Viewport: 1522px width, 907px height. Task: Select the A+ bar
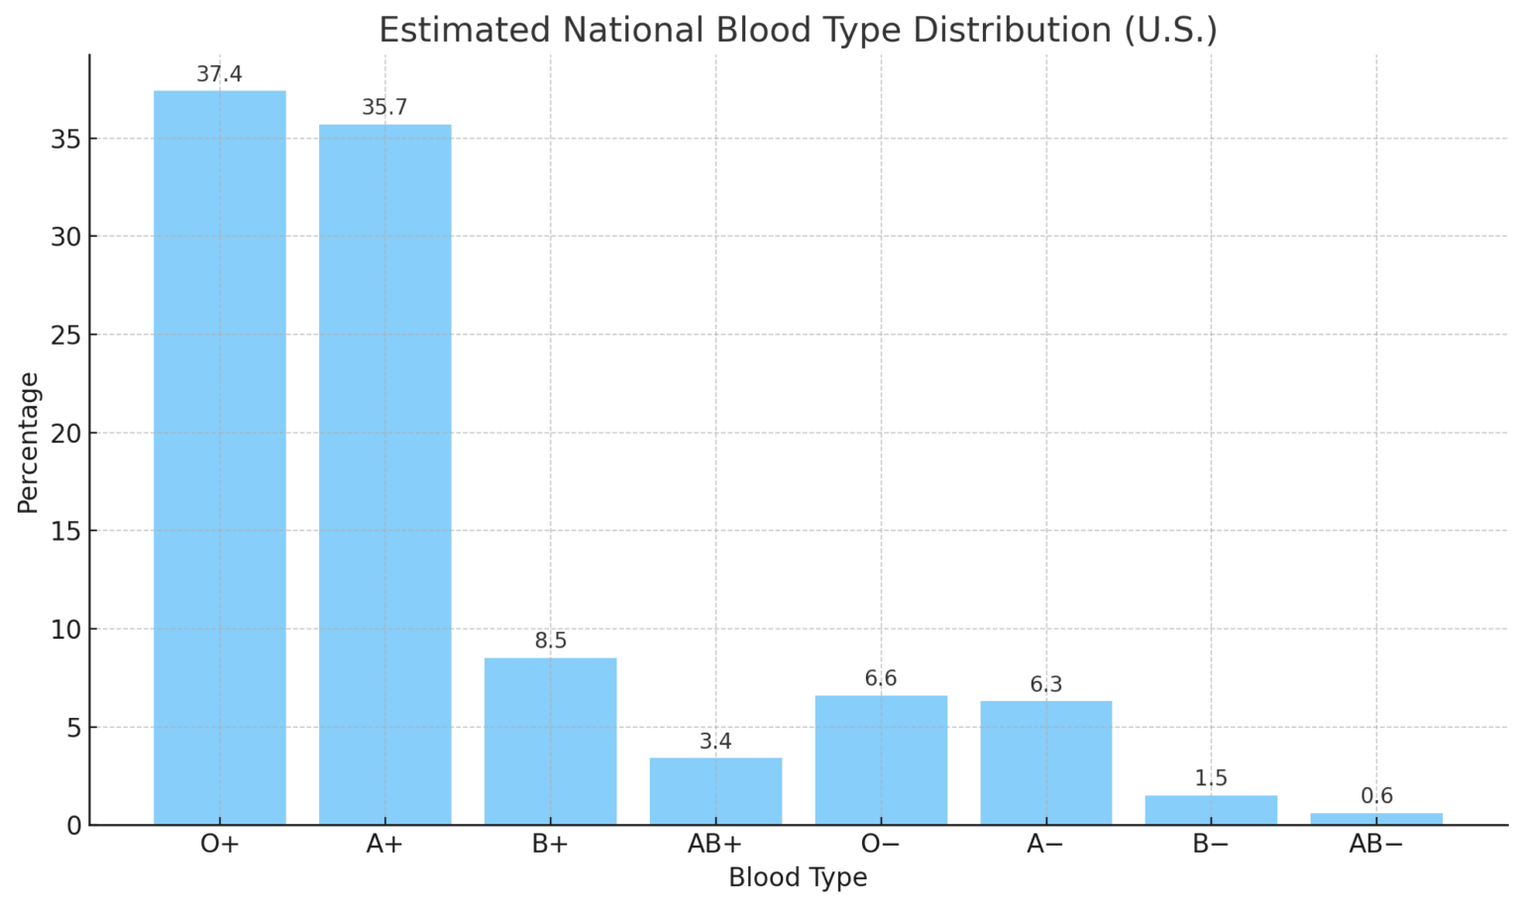pyautogui.click(x=384, y=474)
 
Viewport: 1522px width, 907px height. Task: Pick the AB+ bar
pyautogui.click(x=715, y=791)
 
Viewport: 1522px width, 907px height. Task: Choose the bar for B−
pyautogui.click(x=1211, y=810)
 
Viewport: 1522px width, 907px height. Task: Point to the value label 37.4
pyautogui.click(x=219, y=74)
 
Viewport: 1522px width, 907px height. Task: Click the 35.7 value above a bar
pyautogui.click(x=384, y=107)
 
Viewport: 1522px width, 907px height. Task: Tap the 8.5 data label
pyautogui.click(x=550, y=641)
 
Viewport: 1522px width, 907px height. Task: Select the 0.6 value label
pyautogui.click(x=1376, y=796)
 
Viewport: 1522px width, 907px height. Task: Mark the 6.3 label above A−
pyautogui.click(x=1045, y=684)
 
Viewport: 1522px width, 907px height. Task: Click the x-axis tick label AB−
pyautogui.click(x=1376, y=845)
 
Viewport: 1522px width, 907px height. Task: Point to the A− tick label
pyautogui.click(x=1045, y=845)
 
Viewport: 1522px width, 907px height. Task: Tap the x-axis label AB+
pyautogui.click(x=715, y=845)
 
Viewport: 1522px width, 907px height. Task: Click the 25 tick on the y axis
pyautogui.click(x=65, y=335)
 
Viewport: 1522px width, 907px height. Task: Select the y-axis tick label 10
pyautogui.click(x=65, y=629)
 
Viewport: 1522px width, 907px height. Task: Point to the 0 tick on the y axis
pyautogui.click(x=73, y=825)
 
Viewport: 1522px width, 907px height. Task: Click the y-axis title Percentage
pyautogui.click(x=28, y=442)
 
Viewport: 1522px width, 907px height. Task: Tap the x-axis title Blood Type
pyautogui.click(x=798, y=877)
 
